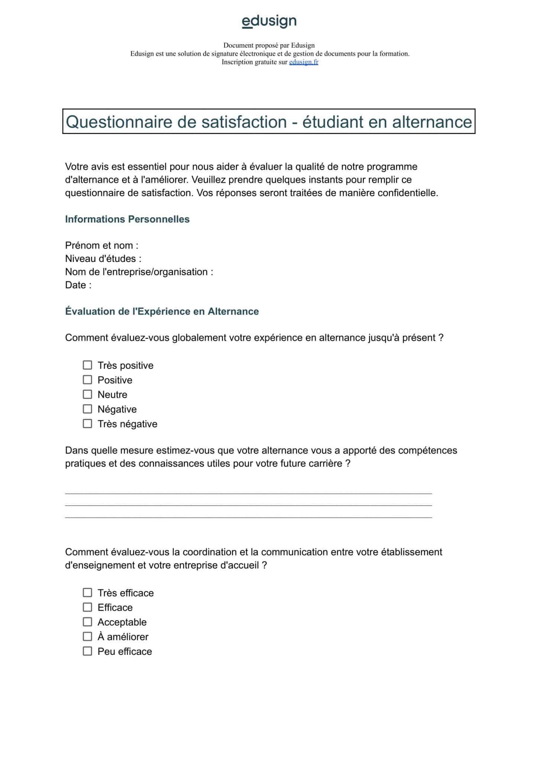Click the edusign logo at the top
click(x=269, y=21)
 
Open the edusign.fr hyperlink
click(x=303, y=62)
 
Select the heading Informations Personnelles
click(x=127, y=219)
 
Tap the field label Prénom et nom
click(x=101, y=246)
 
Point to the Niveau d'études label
click(x=103, y=259)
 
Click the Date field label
click(x=78, y=285)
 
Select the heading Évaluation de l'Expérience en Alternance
click(x=162, y=311)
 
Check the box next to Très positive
click(x=87, y=365)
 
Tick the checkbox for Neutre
click(x=87, y=394)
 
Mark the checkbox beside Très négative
click(x=87, y=424)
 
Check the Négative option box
click(x=87, y=409)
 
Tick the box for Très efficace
click(x=87, y=592)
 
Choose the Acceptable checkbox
click(x=87, y=622)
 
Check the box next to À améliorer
click(x=87, y=636)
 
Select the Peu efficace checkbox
click(x=87, y=651)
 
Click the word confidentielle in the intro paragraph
click(x=407, y=193)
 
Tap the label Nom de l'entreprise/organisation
click(x=139, y=272)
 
